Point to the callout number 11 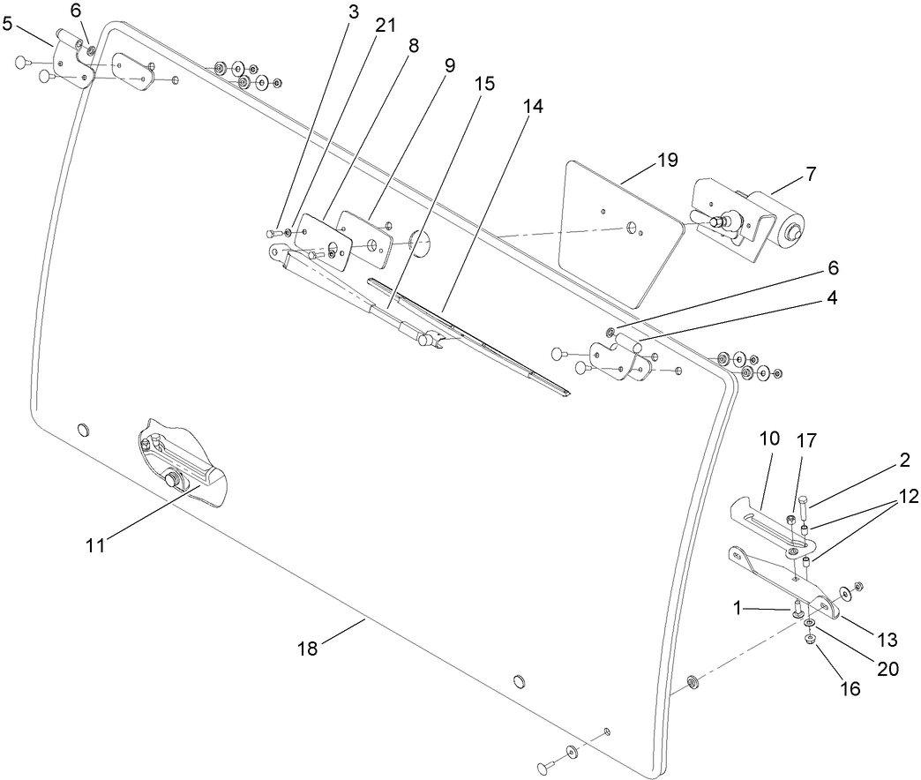point(95,545)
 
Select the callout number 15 point(484,84)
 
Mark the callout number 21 point(386,27)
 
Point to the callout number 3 point(353,13)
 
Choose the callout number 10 point(768,439)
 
